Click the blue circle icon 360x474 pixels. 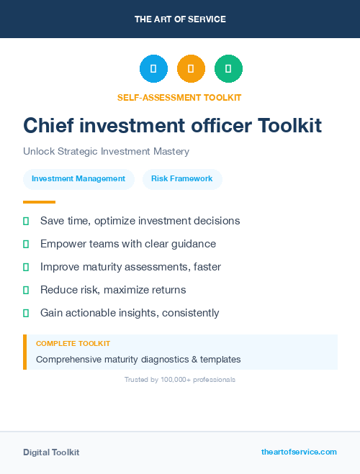pyautogui.click(x=153, y=69)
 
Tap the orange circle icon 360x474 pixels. pyautogui.click(x=191, y=69)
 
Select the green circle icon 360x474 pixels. pyautogui.click(x=228, y=69)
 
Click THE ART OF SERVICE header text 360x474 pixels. pyautogui.click(x=180, y=19)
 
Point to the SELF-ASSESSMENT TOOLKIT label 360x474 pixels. pyautogui.click(x=179, y=98)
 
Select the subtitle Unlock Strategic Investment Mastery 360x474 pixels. pyautogui.click(x=106, y=152)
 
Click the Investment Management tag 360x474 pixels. pyautogui.click(x=78, y=179)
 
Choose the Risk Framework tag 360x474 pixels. pyautogui.click(x=182, y=179)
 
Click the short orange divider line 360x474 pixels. pyautogui.click(x=39, y=202)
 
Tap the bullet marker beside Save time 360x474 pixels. pyautogui.click(x=26, y=221)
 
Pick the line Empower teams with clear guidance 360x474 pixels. pyautogui.click(x=128, y=244)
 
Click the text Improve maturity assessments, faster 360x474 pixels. pyautogui.click(x=130, y=267)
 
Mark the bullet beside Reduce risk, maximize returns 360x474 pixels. pyautogui.click(x=26, y=290)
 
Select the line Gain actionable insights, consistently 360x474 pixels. pyautogui.click(x=130, y=313)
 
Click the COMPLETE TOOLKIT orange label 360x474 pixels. pyautogui.click(x=73, y=344)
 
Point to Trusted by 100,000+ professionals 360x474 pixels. pyautogui.click(x=180, y=380)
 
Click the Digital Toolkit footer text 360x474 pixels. pyautogui.click(x=51, y=452)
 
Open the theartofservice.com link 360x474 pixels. pyautogui.click(x=299, y=452)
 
